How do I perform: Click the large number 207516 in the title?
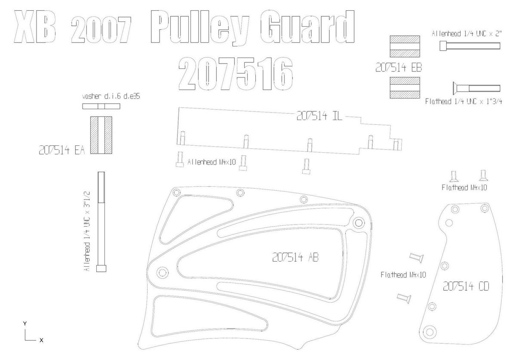(x=236, y=74)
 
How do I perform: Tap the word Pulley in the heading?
(x=200, y=27)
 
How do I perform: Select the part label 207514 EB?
(x=399, y=68)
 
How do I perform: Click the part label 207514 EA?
(x=62, y=150)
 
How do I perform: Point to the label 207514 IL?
(x=319, y=116)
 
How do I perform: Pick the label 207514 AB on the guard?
(x=295, y=257)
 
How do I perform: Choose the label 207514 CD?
(x=466, y=286)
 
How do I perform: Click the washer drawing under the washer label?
(x=101, y=106)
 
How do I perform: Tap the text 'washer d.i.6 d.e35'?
(x=111, y=96)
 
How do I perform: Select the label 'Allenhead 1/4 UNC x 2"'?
(x=467, y=34)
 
